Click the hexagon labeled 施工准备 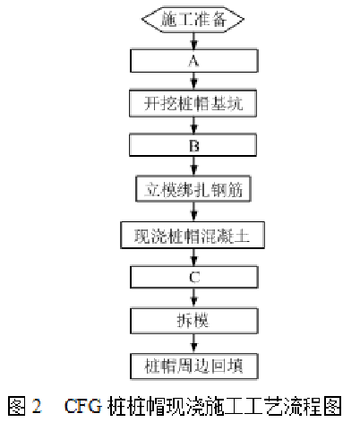[193, 20]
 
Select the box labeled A [194, 61]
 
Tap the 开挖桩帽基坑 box [193, 104]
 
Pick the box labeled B [193, 145]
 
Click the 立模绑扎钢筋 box [193, 189]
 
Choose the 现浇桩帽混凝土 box [193, 235]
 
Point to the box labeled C [194, 277]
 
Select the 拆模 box [194, 321]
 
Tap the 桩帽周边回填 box [194, 366]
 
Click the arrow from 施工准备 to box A [194, 40]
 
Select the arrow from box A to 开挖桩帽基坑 [194, 82]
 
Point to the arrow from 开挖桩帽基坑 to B [194, 125]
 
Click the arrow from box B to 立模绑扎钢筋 [194, 167]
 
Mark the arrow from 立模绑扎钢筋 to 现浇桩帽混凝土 [194, 211]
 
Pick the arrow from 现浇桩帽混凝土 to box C [194, 257]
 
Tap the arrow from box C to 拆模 [194, 298]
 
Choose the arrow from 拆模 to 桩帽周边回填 [194, 344]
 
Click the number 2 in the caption [37, 406]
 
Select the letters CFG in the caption [83, 406]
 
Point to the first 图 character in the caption [17, 406]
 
